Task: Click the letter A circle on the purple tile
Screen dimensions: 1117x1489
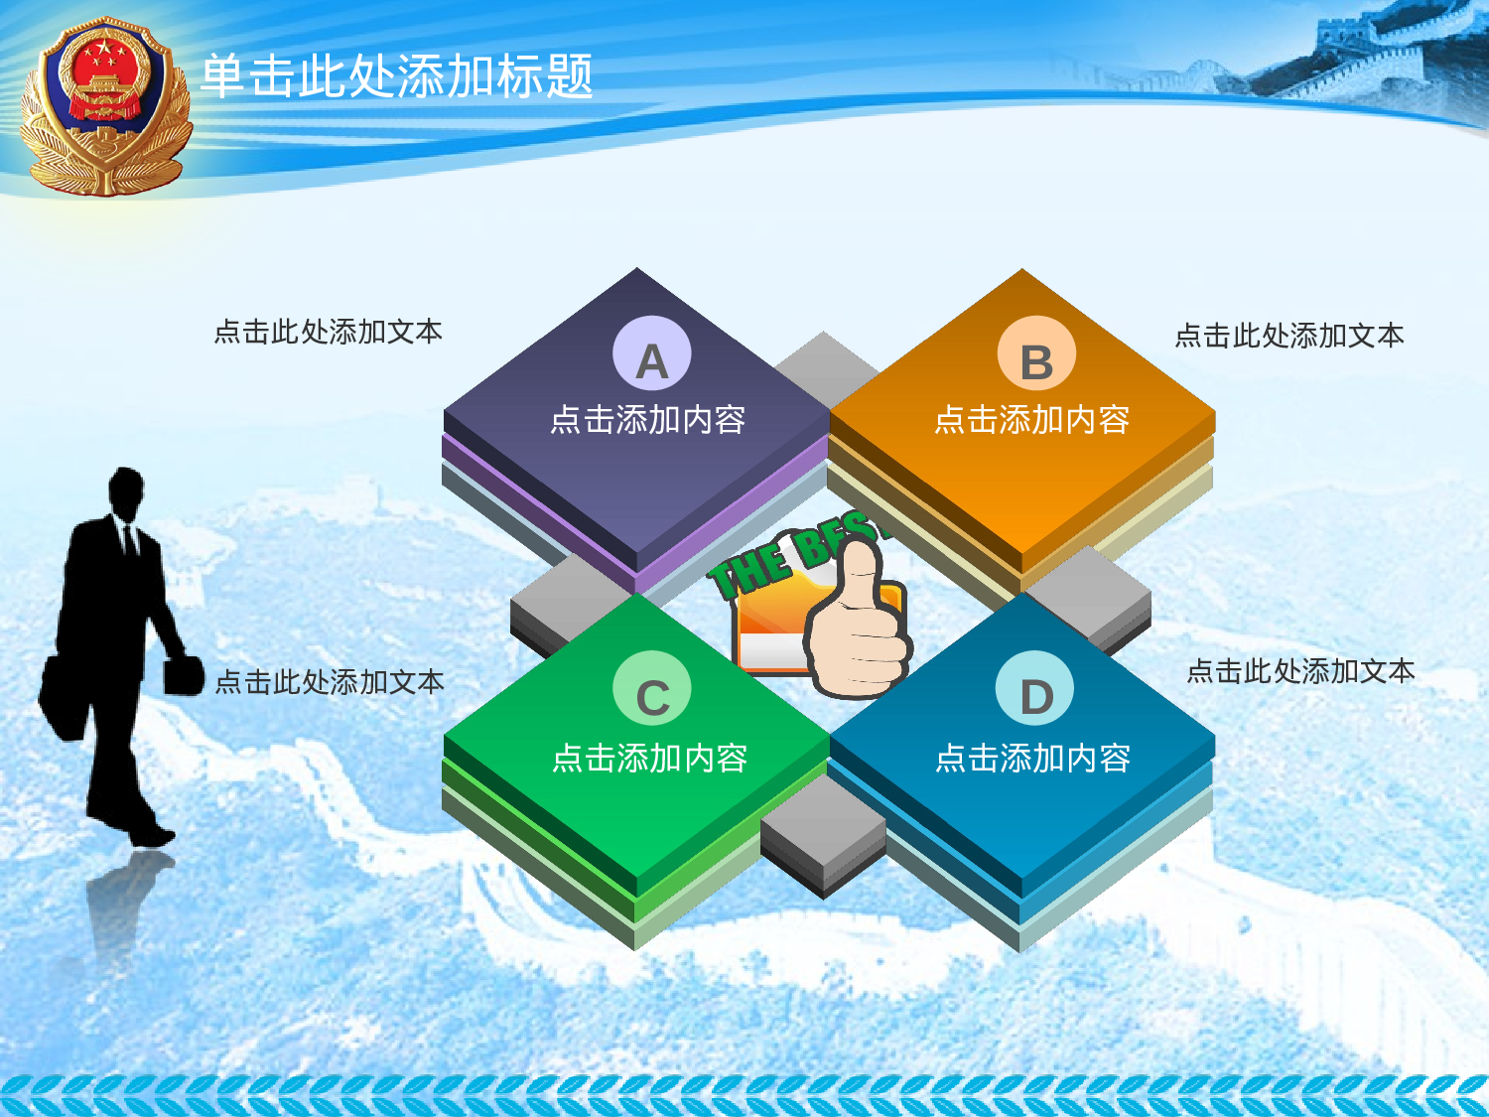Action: [x=651, y=354]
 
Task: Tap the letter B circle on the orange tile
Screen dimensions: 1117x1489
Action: [x=1036, y=354]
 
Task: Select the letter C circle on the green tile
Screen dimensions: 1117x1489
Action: [x=651, y=690]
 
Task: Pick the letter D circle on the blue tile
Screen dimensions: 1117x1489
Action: [x=1034, y=690]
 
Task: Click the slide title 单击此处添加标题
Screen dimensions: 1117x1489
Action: [x=396, y=75]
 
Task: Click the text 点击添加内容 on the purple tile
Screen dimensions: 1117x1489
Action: [x=647, y=420]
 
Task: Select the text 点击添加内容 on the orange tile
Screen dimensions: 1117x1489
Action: [x=1032, y=420]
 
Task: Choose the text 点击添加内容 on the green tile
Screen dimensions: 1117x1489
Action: [x=649, y=759]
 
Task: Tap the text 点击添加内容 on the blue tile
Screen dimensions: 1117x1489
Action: [x=1032, y=759]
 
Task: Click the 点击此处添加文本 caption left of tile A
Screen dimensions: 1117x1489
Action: [x=328, y=332]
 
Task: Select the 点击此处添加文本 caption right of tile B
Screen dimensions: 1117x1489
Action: [x=1288, y=336]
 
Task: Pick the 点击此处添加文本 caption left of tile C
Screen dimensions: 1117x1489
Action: [x=330, y=682]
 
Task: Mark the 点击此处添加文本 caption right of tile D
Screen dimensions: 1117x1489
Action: [x=1300, y=671]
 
